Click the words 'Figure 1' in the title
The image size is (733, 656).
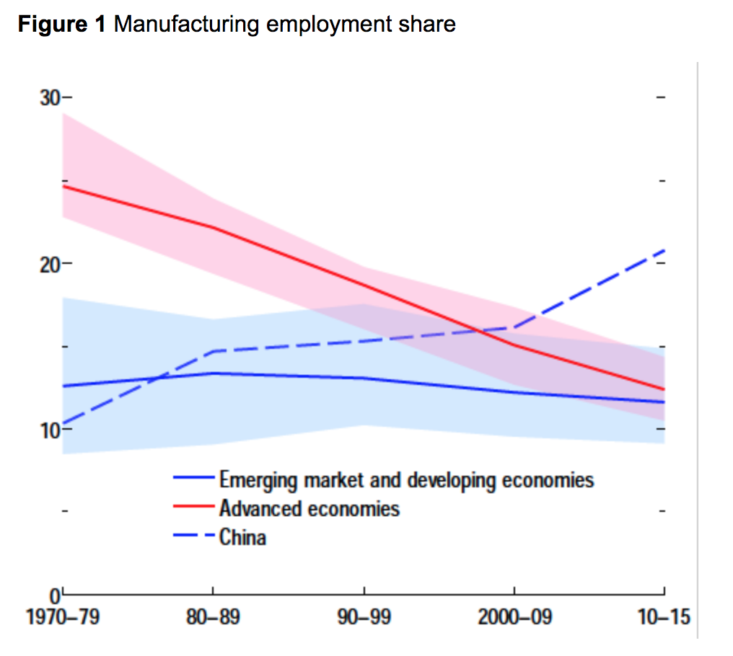pos(62,25)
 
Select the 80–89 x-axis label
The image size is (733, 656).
pos(214,619)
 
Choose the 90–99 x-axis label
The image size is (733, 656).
pos(364,619)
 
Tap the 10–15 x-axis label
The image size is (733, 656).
pos(664,619)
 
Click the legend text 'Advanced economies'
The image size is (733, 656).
pos(309,509)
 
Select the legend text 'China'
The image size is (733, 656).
pos(242,538)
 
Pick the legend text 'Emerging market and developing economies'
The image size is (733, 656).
pos(406,480)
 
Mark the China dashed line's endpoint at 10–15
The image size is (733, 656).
pos(664,249)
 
